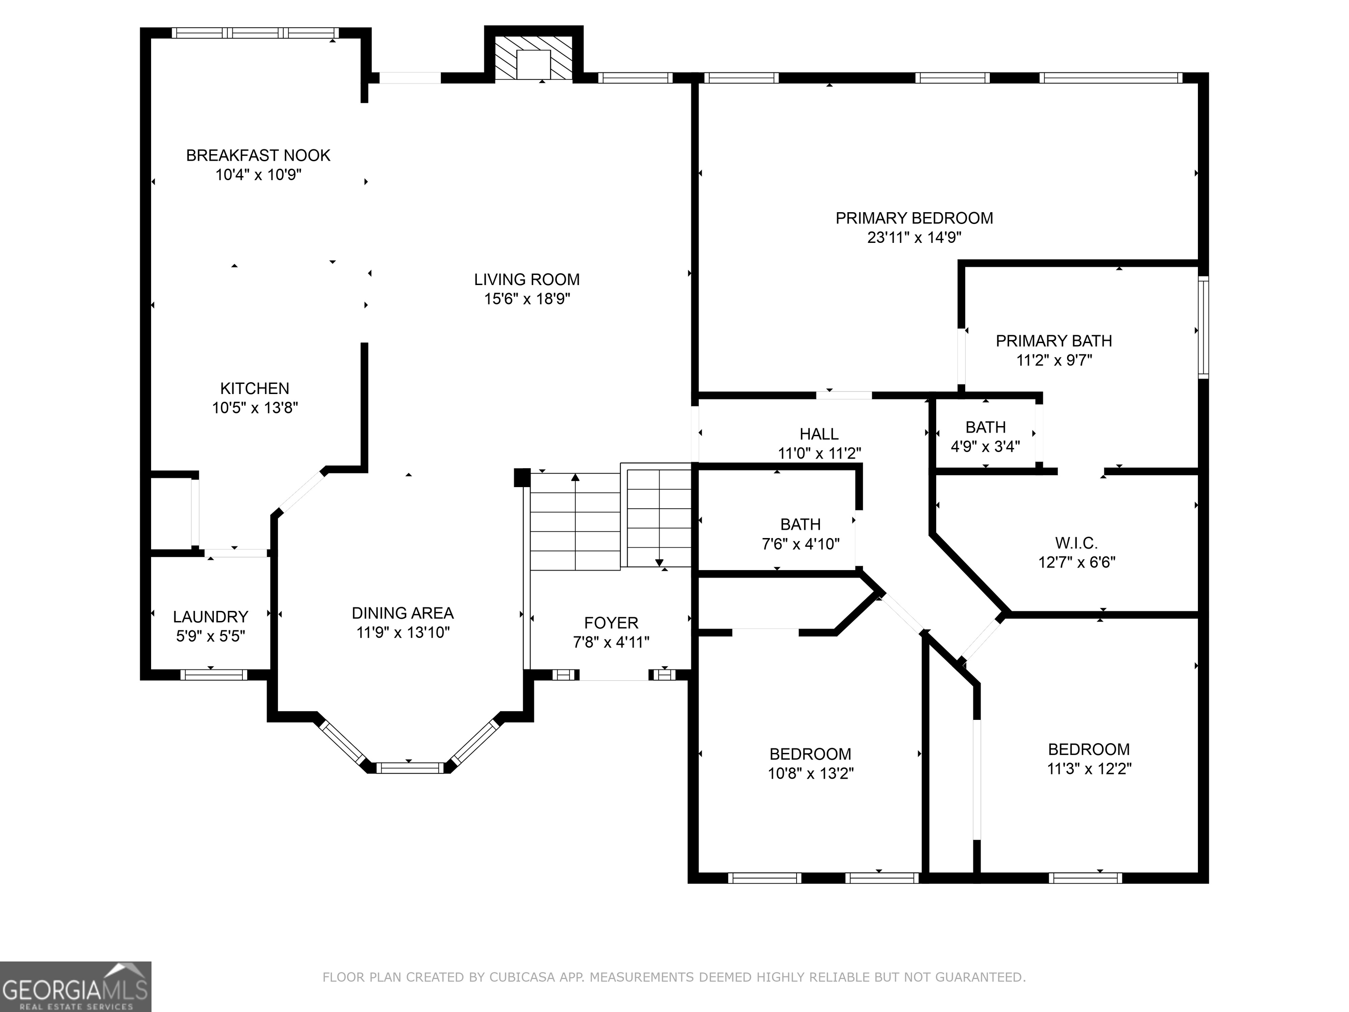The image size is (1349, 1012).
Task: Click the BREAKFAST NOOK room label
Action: pos(258,155)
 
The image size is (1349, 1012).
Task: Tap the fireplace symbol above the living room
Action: pos(533,58)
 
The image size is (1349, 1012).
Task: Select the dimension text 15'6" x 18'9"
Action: pos(527,299)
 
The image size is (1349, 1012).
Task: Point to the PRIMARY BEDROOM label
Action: pos(913,218)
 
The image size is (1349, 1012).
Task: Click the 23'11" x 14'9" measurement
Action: pos(913,237)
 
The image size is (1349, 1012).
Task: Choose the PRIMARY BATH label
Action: pos(1053,341)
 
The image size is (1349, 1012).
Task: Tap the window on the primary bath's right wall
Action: pos(1203,328)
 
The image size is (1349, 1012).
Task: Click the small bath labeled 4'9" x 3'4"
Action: pos(985,436)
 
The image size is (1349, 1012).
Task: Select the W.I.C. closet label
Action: pos(1076,543)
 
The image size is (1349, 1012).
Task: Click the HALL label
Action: pos(819,434)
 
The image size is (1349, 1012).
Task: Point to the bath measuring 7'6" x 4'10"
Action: pos(800,534)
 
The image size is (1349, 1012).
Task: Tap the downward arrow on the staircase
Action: pos(659,562)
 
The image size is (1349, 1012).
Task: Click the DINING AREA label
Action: pos(403,613)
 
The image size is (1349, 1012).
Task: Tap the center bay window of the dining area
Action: pos(409,767)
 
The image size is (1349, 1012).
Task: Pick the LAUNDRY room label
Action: pos(210,617)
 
